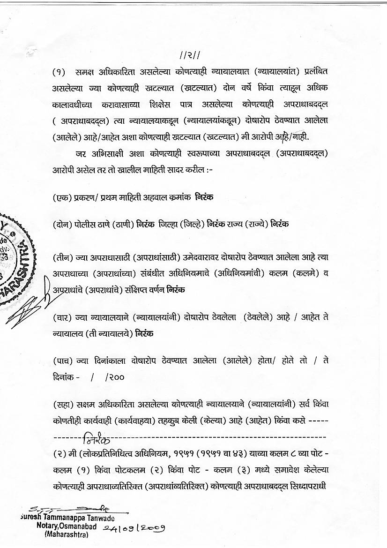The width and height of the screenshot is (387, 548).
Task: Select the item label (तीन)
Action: (x=62, y=257)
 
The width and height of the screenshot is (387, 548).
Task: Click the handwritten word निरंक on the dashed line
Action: (x=97, y=440)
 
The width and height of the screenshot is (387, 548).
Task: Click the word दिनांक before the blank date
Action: (x=63, y=376)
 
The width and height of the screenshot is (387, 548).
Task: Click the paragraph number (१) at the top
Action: (x=59, y=72)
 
